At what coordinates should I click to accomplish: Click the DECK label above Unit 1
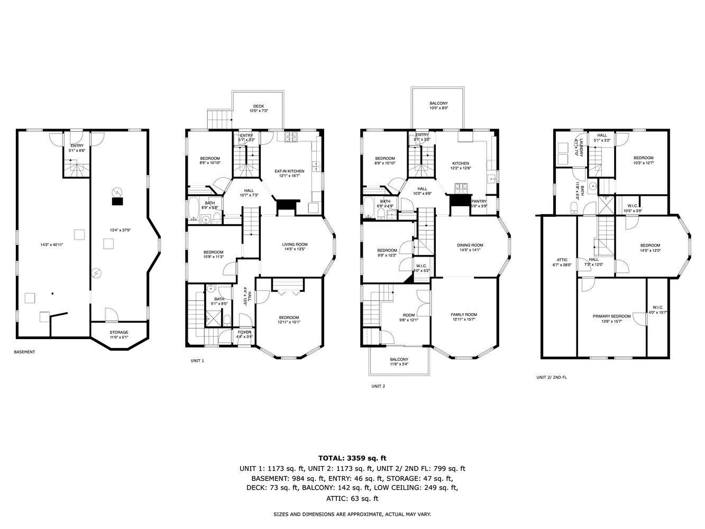[x=259, y=106]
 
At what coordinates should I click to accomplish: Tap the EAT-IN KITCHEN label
[x=289, y=171]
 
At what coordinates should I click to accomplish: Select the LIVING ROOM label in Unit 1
[x=295, y=244]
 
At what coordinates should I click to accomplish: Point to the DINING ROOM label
[x=470, y=245]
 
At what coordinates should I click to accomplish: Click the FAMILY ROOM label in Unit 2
[x=464, y=314]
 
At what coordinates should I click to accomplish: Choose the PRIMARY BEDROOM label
[x=611, y=316]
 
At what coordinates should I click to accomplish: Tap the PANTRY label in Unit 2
[x=479, y=201]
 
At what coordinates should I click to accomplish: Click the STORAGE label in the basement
[x=119, y=332]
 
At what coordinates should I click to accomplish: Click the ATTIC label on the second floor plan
[x=562, y=260]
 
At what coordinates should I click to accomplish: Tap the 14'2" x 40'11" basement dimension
[x=52, y=245]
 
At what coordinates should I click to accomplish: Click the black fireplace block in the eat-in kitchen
[x=288, y=206]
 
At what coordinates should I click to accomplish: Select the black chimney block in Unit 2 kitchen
[x=459, y=202]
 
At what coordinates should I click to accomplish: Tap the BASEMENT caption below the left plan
[x=24, y=352]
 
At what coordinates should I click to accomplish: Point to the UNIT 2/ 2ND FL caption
[x=552, y=377]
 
